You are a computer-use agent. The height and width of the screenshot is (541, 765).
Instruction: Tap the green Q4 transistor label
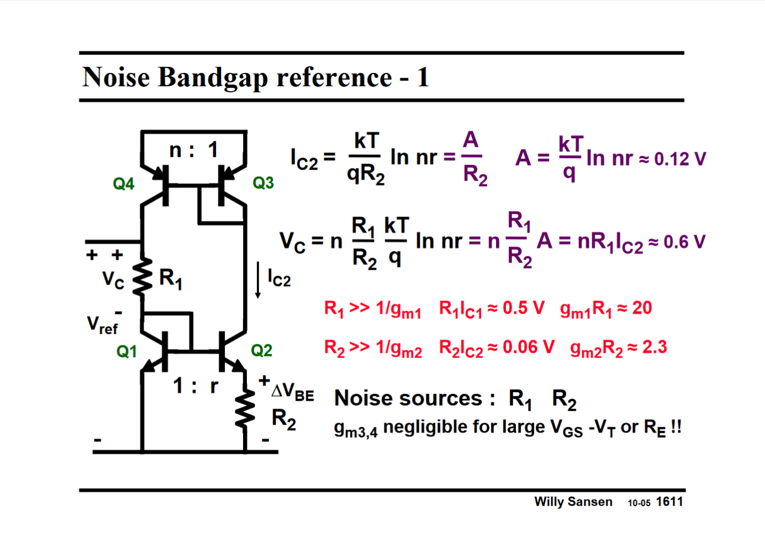coord(123,184)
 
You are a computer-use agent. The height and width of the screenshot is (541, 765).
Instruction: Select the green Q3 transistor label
coord(263,183)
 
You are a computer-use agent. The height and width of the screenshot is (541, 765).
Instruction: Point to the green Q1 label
coord(126,351)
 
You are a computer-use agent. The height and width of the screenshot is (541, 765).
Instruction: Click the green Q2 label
coord(261,350)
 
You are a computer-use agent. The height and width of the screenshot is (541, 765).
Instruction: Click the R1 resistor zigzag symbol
coord(143,276)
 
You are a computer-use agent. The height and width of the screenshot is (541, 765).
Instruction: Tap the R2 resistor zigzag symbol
coord(245,410)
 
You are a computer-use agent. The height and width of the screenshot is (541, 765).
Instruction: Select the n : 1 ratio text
coord(193,150)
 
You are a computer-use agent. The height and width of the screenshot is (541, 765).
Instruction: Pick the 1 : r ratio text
coord(196,386)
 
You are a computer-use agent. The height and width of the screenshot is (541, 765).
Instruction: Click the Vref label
coord(102,325)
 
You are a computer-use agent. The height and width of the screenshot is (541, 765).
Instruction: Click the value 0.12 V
coord(679,159)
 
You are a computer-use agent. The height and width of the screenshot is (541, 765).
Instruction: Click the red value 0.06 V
coord(528,347)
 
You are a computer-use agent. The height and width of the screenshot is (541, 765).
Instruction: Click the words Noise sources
coord(408,398)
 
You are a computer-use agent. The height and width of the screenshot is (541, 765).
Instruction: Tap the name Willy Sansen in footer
coord(573,502)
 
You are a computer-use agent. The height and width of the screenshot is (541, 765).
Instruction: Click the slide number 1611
coord(669,502)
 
